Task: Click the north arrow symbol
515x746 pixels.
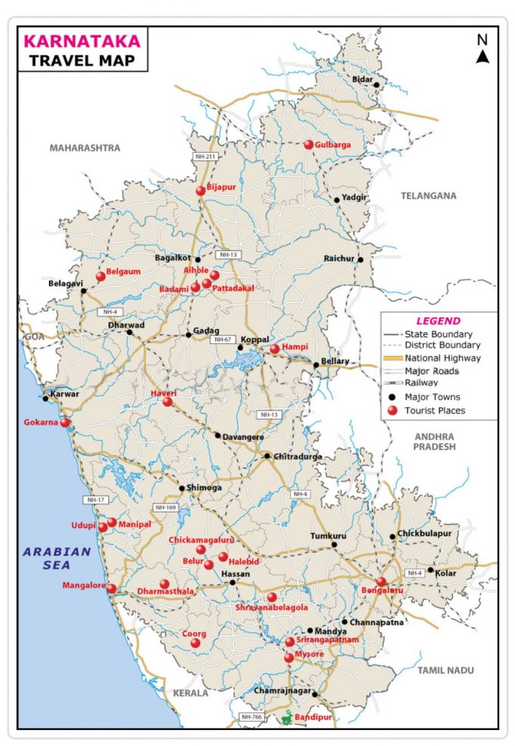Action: pos(483,49)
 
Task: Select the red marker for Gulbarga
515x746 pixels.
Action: pos(308,144)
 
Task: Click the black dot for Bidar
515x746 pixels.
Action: pos(376,84)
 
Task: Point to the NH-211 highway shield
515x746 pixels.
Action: pos(205,156)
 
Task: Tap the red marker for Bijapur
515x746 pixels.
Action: pos(200,191)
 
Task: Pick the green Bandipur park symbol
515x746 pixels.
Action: pos(287,717)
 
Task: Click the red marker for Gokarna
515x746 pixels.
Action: pos(65,423)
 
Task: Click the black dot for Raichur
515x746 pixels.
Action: pos(361,259)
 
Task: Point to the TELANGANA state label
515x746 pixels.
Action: pos(429,196)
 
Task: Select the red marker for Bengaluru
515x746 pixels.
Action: pos(382,581)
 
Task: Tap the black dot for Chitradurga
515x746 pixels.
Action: pos(266,456)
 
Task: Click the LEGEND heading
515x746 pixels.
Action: pos(439,320)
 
